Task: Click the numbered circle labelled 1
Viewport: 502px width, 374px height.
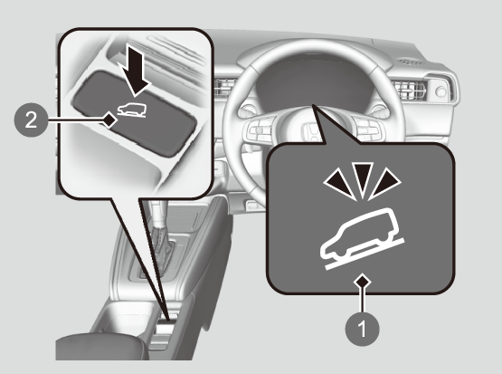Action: pyautogui.click(x=363, y=329)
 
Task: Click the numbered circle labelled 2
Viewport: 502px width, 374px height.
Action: pyautogui.click(x=31, y=120)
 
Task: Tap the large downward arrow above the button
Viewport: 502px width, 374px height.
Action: pyautogui.click(x=134, y=71)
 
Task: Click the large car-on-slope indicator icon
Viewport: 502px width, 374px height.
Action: pyautogui.click(x=362, y=238)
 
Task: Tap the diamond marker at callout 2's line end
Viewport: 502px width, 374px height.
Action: pyautogui.click(x=109, y=120)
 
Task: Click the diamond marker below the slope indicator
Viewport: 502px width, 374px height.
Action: pyautogui.click(x=363, y=282)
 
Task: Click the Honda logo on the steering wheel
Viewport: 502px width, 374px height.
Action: pyautogui.click(x=310, y=130)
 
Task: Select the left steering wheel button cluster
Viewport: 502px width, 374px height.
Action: pyautogui.click(x=260, y=131)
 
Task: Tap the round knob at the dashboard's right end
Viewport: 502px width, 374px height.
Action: pyautogui.click(x=441, y=92)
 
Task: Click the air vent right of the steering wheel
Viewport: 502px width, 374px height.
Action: pyautogui.click(x=409, y=90)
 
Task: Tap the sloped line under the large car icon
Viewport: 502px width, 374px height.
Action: pyautogui.click(x=365, y=254)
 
